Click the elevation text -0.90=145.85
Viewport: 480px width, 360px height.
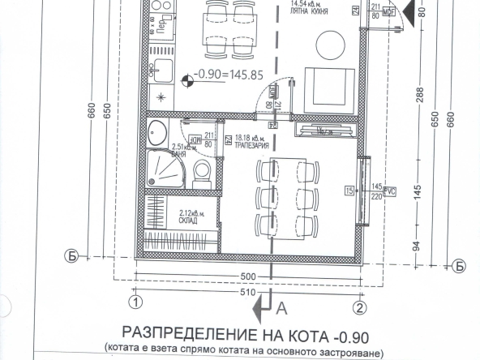(x=227, y=80)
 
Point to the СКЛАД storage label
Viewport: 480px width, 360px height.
(x=188, y=220)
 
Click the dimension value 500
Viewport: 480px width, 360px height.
(x=247, y=276)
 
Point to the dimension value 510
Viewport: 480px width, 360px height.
(x=247, y=291)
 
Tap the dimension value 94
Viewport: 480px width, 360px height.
(x=420, y=244)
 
